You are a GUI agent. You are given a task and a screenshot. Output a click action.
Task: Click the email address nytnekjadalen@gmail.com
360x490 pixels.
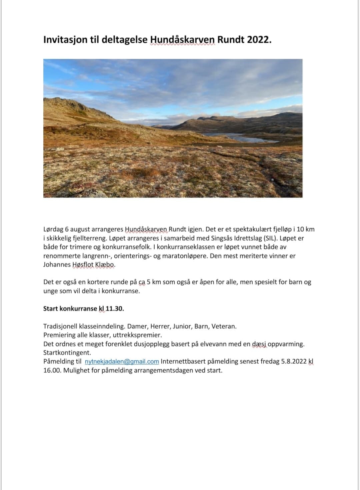click(x=122, y=362)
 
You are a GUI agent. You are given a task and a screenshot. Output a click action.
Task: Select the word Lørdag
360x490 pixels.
click(x=53, y=229)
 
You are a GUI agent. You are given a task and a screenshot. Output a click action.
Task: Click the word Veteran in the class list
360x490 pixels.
click(x=224, y=326)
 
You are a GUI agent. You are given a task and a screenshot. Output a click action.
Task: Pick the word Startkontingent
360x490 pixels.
click(x=67, y=353)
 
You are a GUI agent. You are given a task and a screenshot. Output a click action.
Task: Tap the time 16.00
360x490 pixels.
click(x=52, y=370)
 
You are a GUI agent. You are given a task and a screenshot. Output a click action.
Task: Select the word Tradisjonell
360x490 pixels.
click(x=60, y=326)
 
